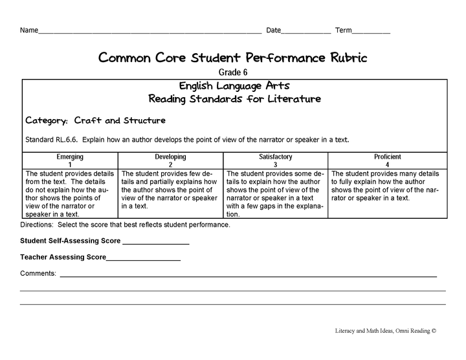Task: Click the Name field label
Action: point(29,30)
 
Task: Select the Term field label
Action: point(344,30)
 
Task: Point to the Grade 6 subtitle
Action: point(232,73)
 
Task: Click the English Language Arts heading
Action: point(234,85)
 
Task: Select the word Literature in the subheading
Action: point(287,99)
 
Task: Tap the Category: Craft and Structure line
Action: point(95,120)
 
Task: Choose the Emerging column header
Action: point(71,157)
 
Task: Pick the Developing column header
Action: point(170,157)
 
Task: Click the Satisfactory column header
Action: point(276,157)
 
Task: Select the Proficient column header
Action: point(388,157)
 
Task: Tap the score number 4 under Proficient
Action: point(388,164)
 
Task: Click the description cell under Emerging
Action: point(71,194)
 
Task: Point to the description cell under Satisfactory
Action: point(276,194)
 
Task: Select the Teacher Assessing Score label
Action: point(63,257)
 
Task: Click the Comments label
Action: point(38,274)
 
